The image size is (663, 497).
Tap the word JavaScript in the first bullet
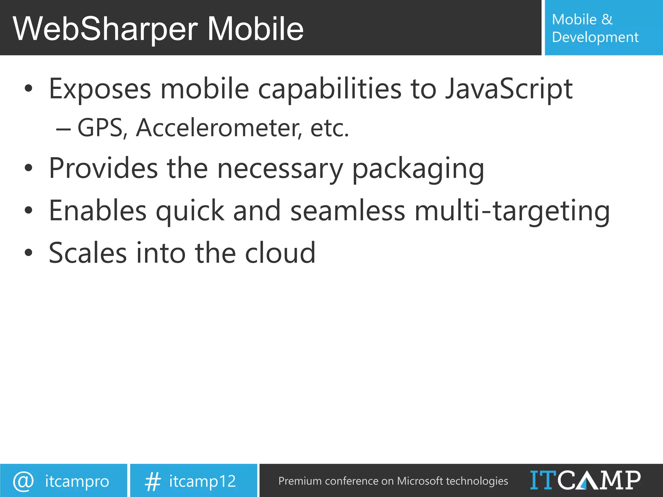(x=509, y=89)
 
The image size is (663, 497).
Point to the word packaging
(x=418, y=169)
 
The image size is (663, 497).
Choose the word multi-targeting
(x=512, y=211)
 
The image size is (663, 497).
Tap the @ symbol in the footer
(x=23, y=481)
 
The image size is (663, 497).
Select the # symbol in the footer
(x=152, y=481)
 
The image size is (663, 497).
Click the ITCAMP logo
(x=585, y=480)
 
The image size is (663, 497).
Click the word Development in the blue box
(x=595, y=37)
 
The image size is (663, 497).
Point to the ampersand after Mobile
(x=607, y=19)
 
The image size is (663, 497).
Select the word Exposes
(x=100, y=89)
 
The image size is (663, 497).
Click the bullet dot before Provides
(x=28, y=168)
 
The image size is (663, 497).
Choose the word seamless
(x=348, y=211)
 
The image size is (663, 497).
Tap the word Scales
(x=87, y=253)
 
